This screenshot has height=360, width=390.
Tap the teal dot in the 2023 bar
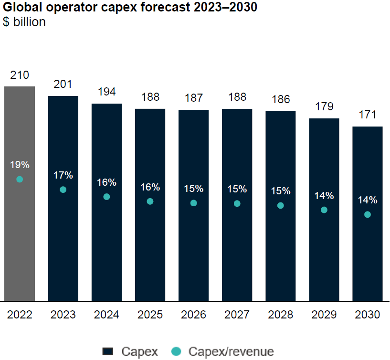coord(63,190)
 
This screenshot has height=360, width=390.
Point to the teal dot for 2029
coord(324,210)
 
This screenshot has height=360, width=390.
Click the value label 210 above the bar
coord(20,75)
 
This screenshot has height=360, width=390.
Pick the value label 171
coord(368,115)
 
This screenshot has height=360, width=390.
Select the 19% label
coord(20,165)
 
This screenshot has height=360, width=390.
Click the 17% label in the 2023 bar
coord(63,175)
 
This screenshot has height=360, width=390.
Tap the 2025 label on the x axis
coord(150,315)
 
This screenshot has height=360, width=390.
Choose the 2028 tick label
coord(281,315)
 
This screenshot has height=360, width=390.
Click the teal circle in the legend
coord(176,352)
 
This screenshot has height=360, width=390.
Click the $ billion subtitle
coord(24,22)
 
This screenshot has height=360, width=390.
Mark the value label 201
coord(63,85)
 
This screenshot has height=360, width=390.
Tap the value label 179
coord(324,106)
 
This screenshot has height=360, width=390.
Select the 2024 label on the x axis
coord(106,315)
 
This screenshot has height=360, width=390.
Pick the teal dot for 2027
coord(237,203)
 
